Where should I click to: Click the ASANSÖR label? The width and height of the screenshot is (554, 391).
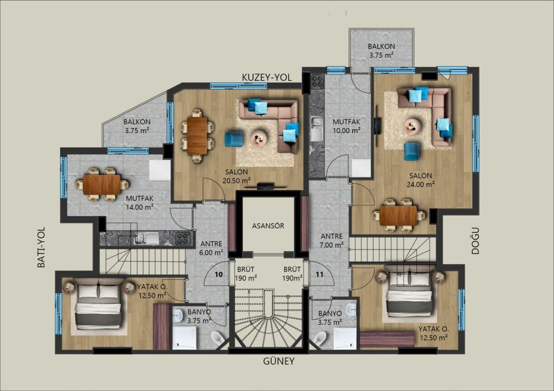pos(268,226)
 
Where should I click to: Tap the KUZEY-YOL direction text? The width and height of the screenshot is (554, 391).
pos(267,77)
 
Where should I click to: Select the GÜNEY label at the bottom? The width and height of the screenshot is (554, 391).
pos(279,361)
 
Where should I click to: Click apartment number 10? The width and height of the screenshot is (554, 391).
pos(219,274)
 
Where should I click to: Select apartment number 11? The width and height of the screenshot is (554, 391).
pos(319,274)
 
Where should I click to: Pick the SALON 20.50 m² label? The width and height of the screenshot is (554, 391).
pos(236,176)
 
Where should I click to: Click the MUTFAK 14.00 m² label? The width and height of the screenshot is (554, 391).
pos(140,203)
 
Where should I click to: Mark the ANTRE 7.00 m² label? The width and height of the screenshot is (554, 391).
pos(332,241)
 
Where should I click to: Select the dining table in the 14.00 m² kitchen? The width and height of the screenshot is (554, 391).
pos(102,184)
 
